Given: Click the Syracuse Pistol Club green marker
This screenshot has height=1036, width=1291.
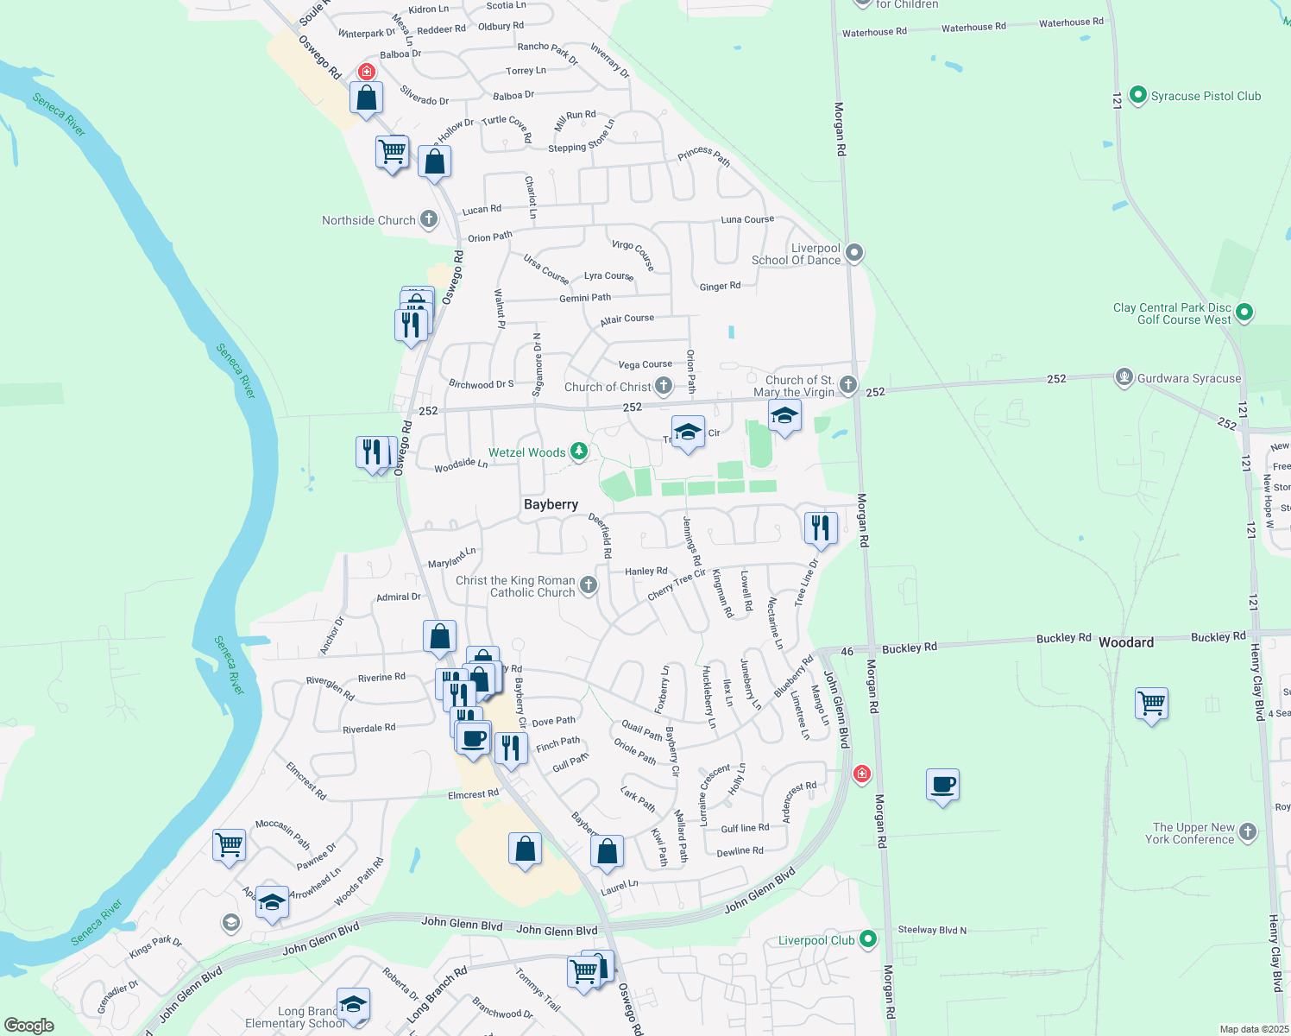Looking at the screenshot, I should point(1137,95).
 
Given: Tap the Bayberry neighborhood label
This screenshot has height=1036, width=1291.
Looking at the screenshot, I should point(551,504).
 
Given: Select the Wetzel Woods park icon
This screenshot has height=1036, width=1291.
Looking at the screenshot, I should point(579,451).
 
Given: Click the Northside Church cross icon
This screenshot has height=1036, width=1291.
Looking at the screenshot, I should point(429,219).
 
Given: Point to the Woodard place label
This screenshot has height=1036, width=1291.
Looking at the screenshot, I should point(1126,642).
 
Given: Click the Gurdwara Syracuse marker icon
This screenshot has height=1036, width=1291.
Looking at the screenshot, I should point(1124,377).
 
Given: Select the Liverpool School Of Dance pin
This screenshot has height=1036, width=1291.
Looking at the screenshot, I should point(854,253).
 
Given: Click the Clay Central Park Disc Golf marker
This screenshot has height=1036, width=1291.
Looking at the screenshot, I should point(1244,312).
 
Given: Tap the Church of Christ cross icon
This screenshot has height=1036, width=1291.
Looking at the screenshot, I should point(664,386).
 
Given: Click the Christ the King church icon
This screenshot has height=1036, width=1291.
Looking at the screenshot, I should point(589,585).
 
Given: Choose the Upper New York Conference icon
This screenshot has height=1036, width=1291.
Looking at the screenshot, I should point(1248,831).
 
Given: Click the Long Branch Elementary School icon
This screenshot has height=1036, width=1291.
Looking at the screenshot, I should point(353,1004).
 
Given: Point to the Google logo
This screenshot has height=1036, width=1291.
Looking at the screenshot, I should point(29,1025).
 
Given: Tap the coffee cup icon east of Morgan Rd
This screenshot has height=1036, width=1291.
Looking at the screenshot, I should point(942,785).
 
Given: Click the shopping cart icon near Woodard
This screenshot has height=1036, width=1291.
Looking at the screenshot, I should point(1152,704).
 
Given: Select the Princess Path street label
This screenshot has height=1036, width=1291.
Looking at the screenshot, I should point(703,155).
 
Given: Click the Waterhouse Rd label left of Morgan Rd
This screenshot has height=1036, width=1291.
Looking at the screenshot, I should point(874,32).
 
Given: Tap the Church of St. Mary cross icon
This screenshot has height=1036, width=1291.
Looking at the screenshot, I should point(848,384).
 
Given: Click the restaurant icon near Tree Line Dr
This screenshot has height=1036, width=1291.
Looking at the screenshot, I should point(821,527).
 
